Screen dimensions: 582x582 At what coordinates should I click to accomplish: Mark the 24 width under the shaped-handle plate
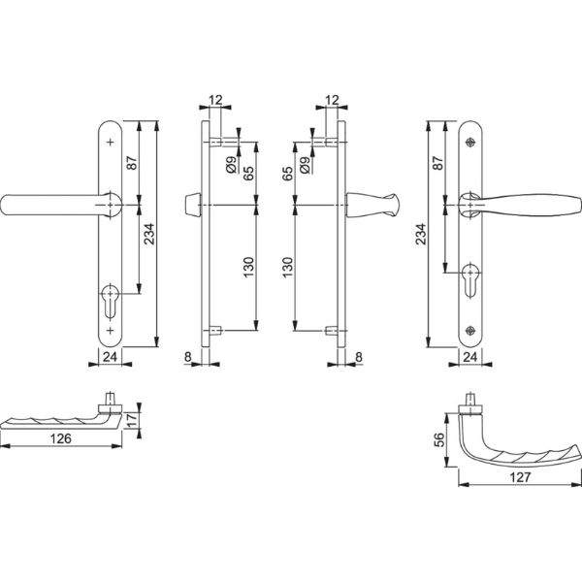point(470,357)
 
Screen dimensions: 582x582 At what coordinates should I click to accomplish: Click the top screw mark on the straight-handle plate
point(110,143)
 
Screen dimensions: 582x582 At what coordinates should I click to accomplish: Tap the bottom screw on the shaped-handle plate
point(470,328)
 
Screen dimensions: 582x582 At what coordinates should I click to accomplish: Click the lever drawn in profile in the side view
point(371,206)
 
